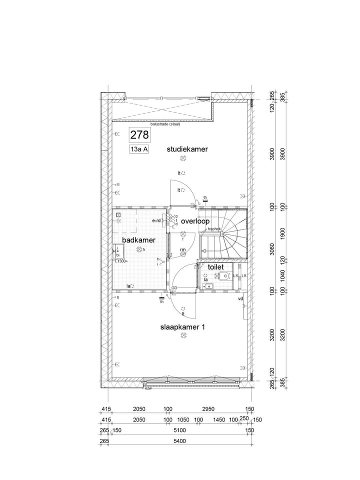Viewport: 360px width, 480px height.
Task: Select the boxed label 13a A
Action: [x=139, y=149]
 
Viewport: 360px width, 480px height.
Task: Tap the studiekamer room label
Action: [x=187, y=149]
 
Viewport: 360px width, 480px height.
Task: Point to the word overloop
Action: [x=195, y=221]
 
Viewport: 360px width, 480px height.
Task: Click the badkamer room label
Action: [x=138, y=240]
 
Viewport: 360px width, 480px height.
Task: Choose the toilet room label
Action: [x=215, y=267]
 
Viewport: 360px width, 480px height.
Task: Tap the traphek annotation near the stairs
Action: [x=214, y=228]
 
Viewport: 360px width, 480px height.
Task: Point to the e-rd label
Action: [x=157, y=220]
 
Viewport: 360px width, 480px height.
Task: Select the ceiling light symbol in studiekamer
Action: [x=183, y=158]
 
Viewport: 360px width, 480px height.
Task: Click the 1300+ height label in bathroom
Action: [x=122, y=261]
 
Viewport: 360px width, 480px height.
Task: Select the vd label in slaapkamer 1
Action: [x=240, y=298]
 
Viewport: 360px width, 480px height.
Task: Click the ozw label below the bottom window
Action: [x=148, y=388]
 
